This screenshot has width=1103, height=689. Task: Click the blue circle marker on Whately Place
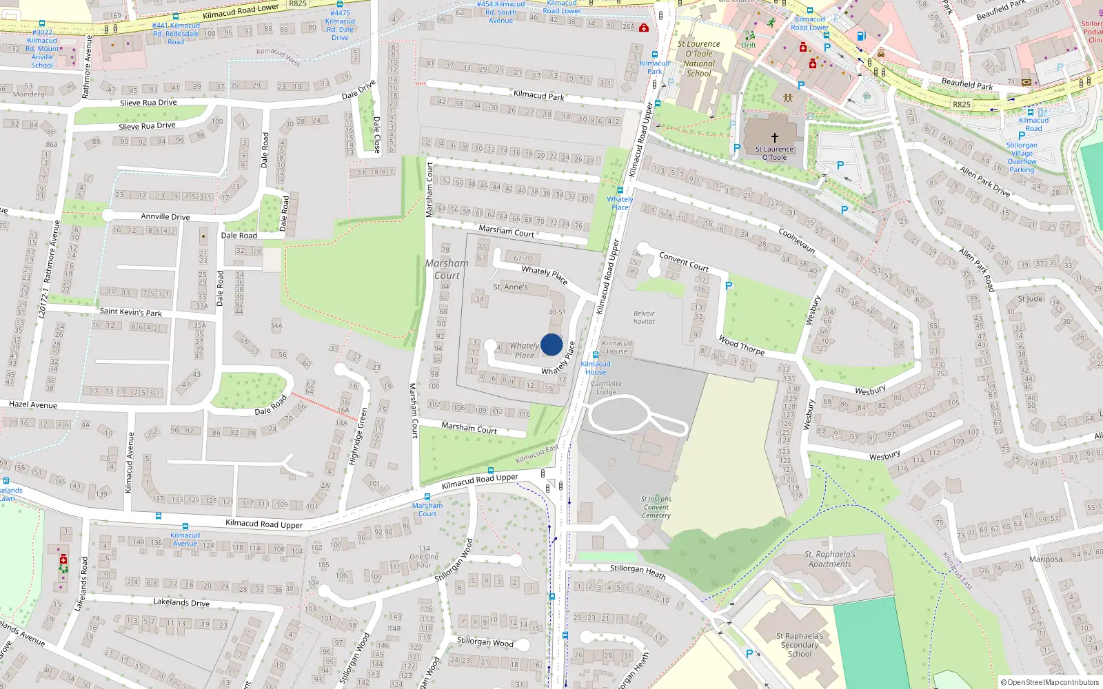(551, 344)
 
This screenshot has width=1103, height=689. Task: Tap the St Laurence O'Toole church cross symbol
(774, 137)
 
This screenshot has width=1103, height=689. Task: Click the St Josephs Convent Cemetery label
(656, 507)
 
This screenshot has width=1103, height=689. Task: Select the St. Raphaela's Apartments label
(829, 559)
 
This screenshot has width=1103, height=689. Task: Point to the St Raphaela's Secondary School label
(800, 645)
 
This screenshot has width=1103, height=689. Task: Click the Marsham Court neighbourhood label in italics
(447, 269)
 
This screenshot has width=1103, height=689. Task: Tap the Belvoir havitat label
(644, 318)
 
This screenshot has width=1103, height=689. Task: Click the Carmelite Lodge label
(606, 388)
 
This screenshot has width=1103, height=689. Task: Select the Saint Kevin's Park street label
(130, 312)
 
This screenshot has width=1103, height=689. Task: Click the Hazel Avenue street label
(33, 404)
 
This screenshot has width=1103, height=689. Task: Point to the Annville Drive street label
(165, 216)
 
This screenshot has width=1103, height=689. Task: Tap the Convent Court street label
(683, 261)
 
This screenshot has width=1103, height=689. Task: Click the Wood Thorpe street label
(741, 344)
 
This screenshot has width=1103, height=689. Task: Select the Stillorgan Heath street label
(638, 571)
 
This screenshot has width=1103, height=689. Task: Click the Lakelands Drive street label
(181, 602)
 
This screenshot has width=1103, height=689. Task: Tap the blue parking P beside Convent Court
(729, 285)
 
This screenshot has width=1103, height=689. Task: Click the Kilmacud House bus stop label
(596, 368)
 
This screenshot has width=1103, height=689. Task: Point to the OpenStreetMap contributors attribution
(1050, 682)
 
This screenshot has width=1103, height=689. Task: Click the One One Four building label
(424, 557)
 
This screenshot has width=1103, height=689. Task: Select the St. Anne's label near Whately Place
(510, 287)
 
